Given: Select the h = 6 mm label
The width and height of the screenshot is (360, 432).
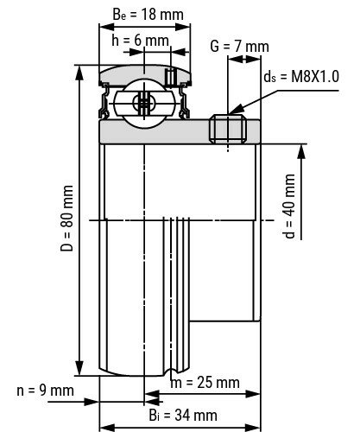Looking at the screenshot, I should [140, 40].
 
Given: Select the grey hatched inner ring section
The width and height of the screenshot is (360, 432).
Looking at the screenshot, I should [155, 130].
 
